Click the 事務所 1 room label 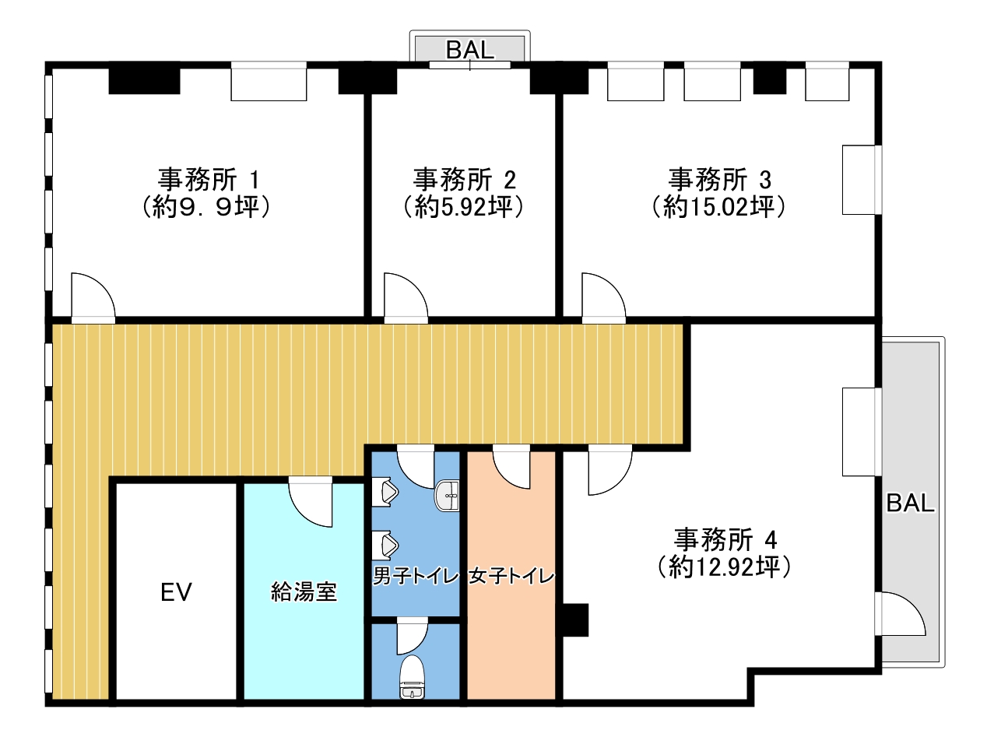[x=209, y=180]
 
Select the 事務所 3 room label [x=719, y=180]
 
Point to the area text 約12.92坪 [x=724, y=567]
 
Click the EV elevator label [x=176, y=591]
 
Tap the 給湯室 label [x=304, y=591]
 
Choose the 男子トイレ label [x=416, y=576]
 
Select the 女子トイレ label [x=511, y=576]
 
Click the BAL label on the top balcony [x=470, y=50]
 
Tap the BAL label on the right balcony [x=911, y=503]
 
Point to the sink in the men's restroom [x=447, y=496]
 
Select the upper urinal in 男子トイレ [x=385, y=492]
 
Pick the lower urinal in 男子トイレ [x=385, y=546]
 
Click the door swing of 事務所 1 [x=93, y=297]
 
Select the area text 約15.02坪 [x=719, y=207]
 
